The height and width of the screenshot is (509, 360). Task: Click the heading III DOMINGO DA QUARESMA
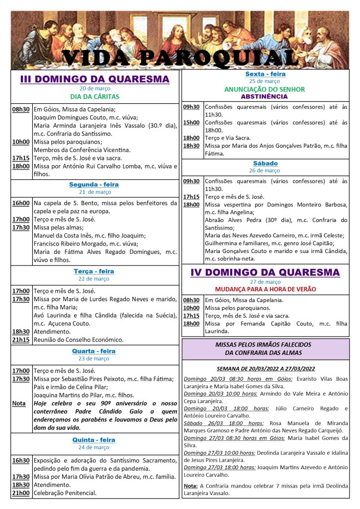94,79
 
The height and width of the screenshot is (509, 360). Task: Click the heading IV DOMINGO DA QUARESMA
265,272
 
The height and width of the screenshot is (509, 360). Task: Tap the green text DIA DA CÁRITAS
94,96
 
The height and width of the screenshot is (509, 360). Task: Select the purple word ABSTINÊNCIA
265,96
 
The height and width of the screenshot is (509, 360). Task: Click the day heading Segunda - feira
94,184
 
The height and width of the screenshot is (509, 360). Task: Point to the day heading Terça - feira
94,271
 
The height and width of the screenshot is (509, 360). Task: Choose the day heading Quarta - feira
94,351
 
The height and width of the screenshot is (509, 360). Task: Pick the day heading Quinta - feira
94,440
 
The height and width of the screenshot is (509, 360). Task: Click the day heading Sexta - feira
265,74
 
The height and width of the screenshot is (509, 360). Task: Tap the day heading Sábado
265,163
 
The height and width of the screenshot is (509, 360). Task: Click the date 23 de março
94,358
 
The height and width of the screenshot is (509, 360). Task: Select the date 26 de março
265,170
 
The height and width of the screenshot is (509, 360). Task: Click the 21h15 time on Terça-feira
21,340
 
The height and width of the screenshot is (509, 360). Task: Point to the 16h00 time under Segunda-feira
21,203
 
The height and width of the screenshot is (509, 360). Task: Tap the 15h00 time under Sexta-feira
191,122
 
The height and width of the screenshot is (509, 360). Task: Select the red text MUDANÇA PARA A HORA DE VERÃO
265,289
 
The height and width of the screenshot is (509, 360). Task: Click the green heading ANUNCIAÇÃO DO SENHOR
265,89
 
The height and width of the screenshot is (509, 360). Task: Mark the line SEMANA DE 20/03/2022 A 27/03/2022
265,369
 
